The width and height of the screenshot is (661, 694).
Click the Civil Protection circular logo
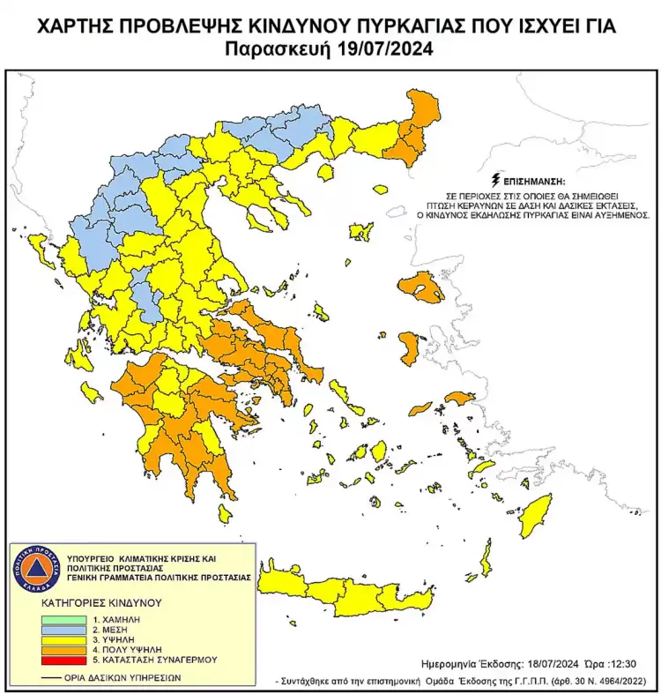tap(33, 572)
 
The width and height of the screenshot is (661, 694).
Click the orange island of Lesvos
tap(420, 287)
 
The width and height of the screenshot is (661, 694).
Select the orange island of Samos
tap(460, 399)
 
